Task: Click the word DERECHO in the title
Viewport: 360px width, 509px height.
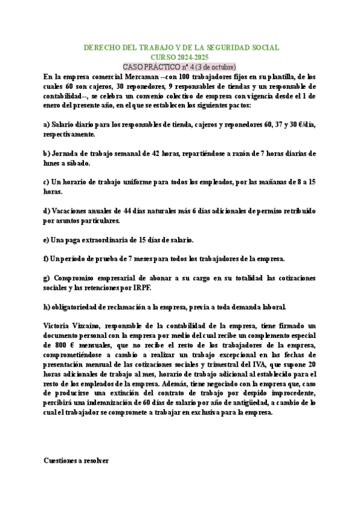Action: click(x=100, y=47)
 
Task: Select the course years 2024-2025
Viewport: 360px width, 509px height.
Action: click(x=190, y=56)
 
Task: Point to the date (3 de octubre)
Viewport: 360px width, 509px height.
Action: click(x=214, y=66)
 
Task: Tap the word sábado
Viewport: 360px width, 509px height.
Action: click(x=79, y=163)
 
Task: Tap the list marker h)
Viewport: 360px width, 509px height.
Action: click(x=47, y=307)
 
